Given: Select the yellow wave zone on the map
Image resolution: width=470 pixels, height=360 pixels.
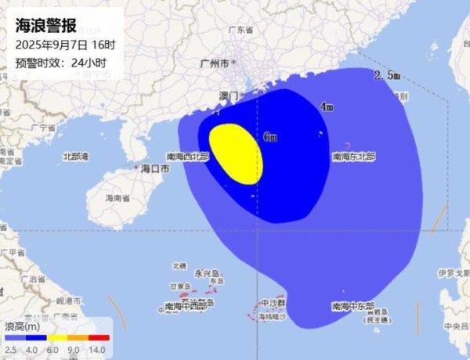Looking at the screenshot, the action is [236, 153].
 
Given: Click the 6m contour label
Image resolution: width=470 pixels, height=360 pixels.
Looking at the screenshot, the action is [270, 137].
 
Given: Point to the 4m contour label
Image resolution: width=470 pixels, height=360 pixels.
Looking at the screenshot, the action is [327, 106].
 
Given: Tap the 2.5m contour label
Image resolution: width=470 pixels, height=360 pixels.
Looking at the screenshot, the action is [387, 76].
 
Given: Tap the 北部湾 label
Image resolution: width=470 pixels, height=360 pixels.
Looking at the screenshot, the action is [76, 156].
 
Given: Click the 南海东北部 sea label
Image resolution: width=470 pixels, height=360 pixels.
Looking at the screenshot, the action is [353, 157].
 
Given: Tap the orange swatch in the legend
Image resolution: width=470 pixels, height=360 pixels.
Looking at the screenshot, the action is [76, 337].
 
